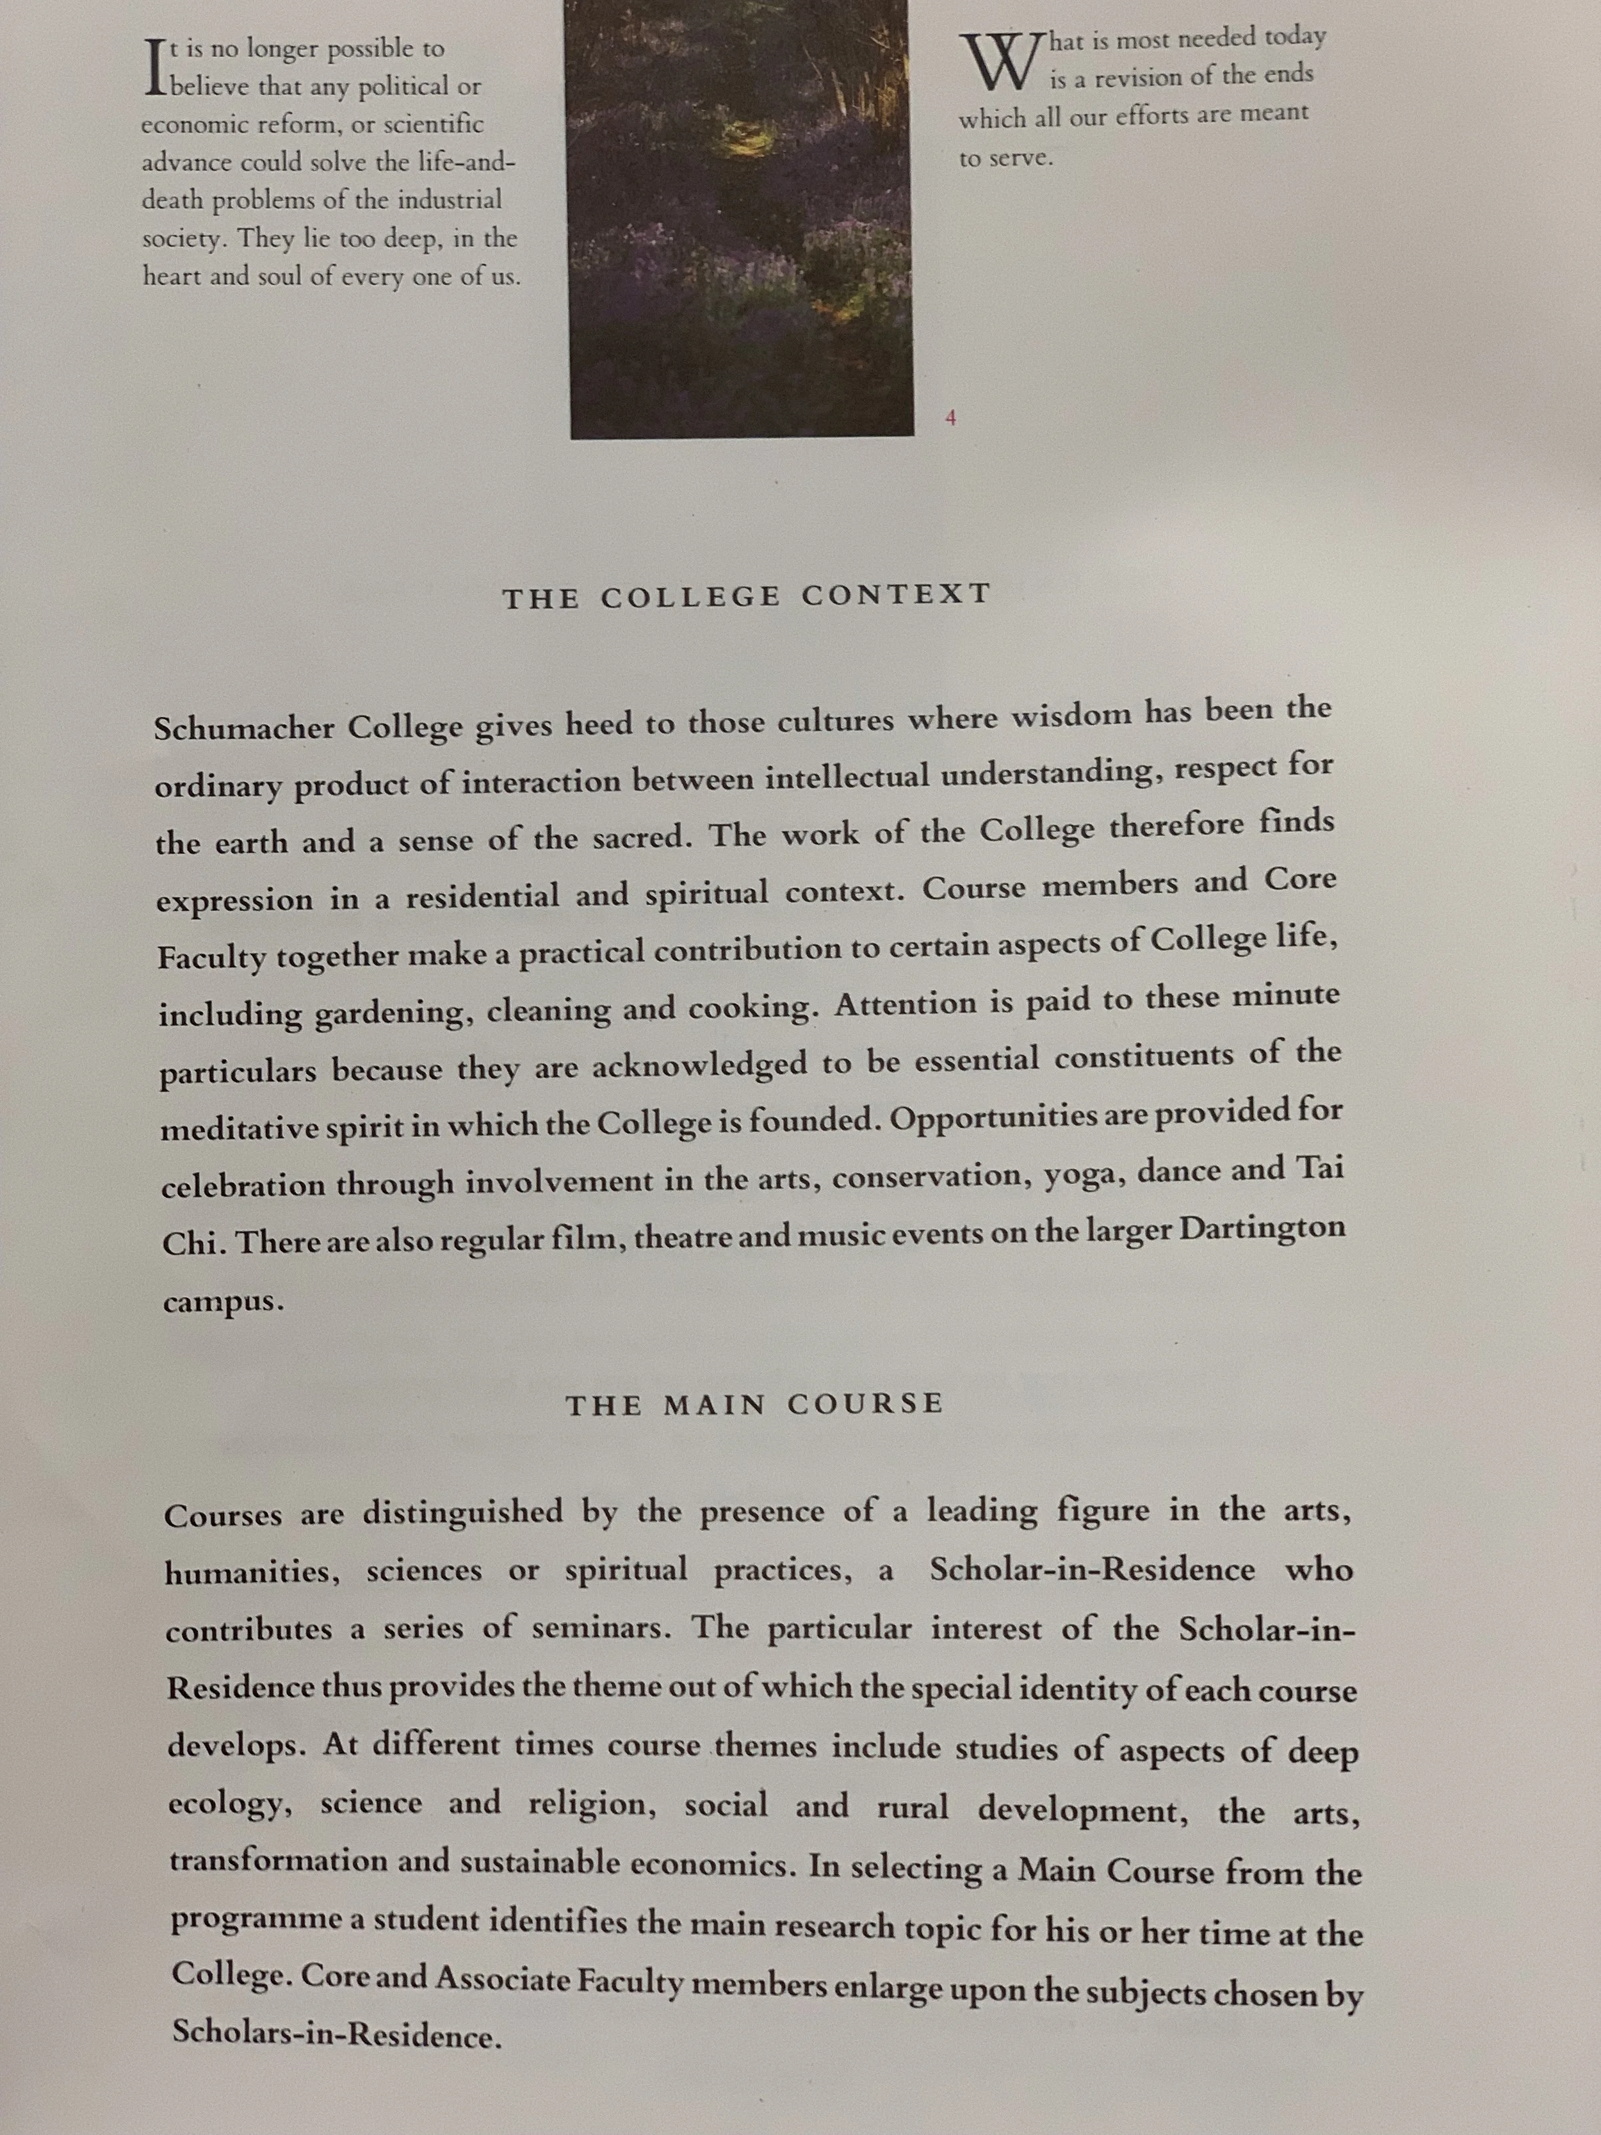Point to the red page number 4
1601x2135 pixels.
click(950, 418)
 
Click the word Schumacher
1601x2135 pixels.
click(242, 727)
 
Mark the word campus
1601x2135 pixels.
click(223, 1303)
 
